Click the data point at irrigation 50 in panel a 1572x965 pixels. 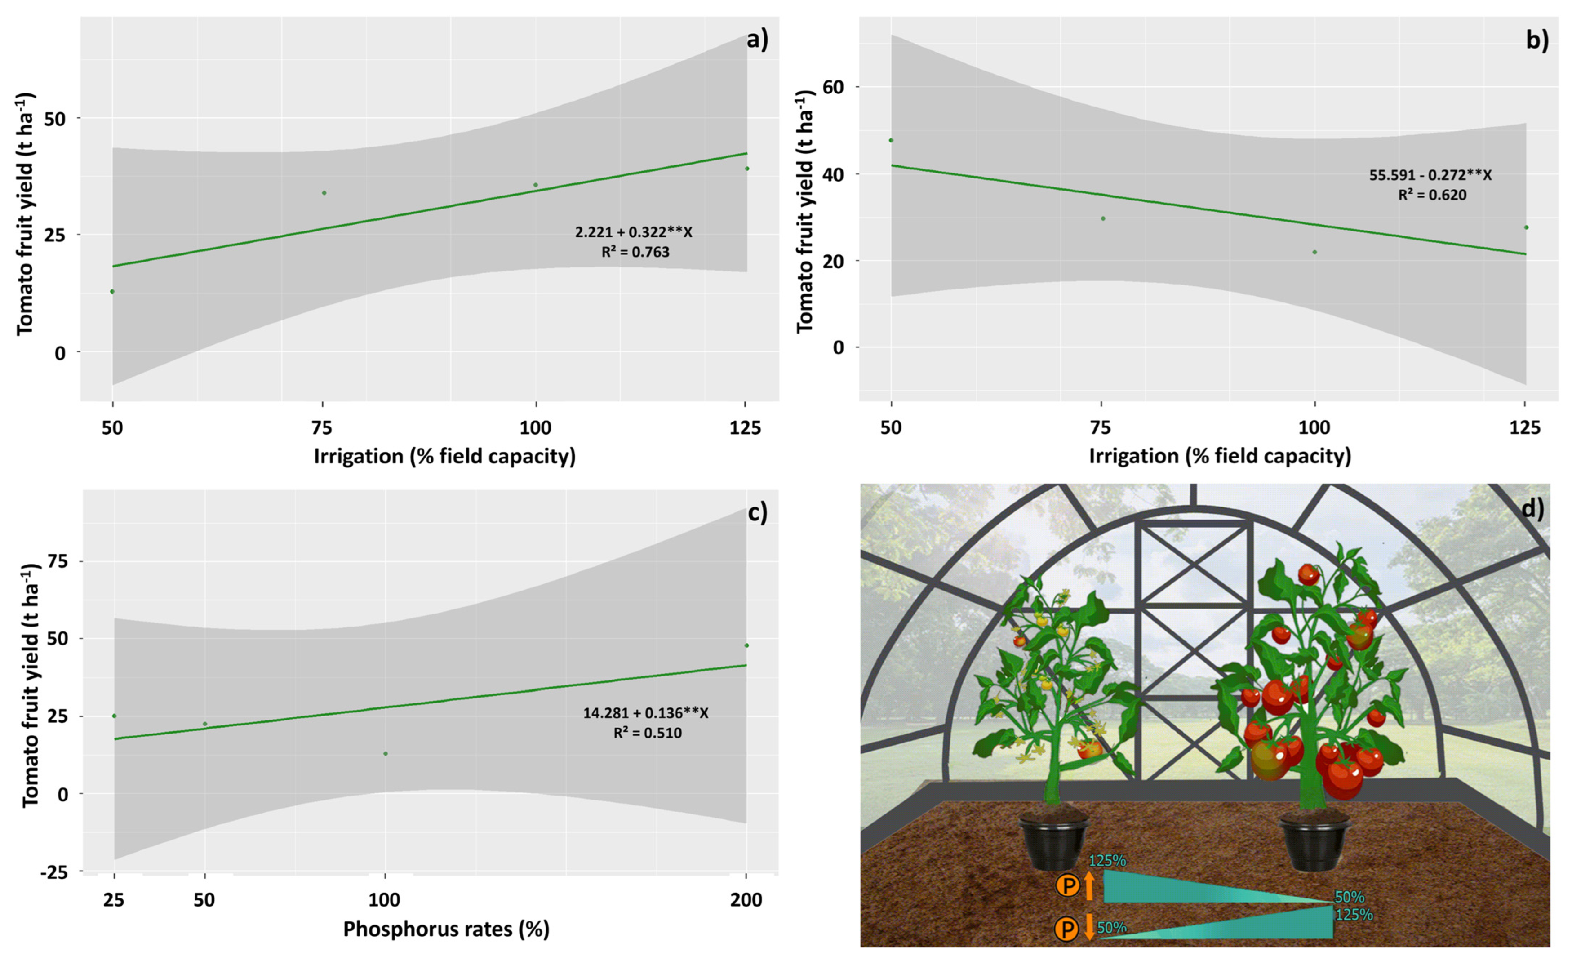[x=112, y=292]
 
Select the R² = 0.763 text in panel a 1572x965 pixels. [x=635, y=252]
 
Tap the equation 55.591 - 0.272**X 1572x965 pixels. [x=1430, y=175]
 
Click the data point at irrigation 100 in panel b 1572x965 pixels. [x=1314, y=252]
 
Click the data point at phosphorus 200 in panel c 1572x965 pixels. [x=746, y=645]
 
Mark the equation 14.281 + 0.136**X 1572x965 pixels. [x=646, y=713]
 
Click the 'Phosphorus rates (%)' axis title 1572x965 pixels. [x=446, y=929]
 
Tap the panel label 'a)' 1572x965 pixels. [x=757, y=40]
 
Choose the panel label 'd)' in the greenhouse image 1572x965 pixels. [x=1532, y=509]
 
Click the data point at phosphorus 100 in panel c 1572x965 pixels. [x=385, y=754]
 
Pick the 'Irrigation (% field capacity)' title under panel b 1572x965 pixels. [x=1220, y=456]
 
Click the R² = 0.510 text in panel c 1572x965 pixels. [x=648, y=734]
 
